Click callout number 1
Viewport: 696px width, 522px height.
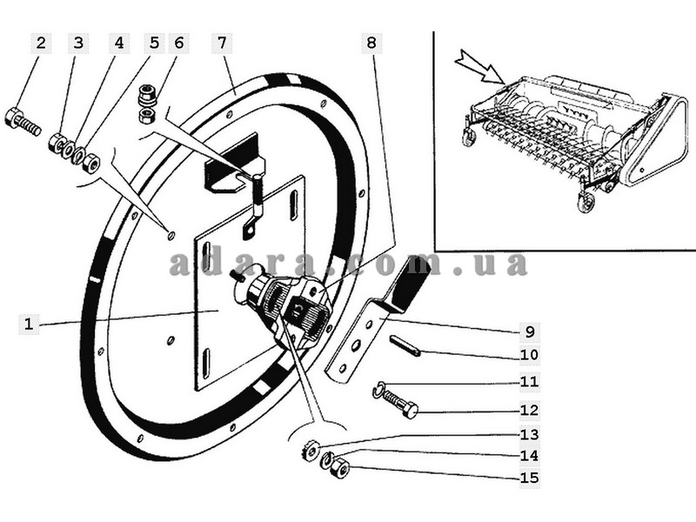pyautogui.click(x=29, y=324)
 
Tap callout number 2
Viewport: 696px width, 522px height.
pyautogui.click(x=41, y=43)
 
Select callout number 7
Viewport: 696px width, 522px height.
pyautogui.click(x=222, y=43)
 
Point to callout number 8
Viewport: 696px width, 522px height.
pyautogui.click(x=371, y=43)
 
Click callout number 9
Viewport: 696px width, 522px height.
pyautogui.click(x=530, y=331)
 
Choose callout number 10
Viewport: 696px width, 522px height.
pyautogui.click(x=530, y=355)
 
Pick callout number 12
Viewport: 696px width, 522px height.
pyautogui.click(x=530, y=410)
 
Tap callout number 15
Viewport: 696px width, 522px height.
pyautogui.click(x=530, y=478)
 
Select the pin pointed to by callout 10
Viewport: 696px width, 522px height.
pyautogui.click(x=405, y=346)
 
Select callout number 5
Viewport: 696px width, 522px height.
pyautogui.click(x=154, y=43)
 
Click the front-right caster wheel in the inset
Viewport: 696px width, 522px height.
pyautogui.click(x=585, y=204)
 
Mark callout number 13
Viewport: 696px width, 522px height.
pyautogui.click(x=530, y=434)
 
